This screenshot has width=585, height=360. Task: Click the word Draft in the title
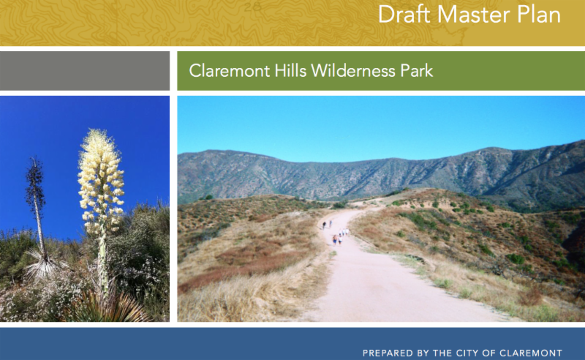pos(404,15)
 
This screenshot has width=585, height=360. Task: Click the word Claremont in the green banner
pos(230,70)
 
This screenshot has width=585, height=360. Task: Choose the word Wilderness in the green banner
pos(353,70)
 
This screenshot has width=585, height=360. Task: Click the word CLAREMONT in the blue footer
pos(531,353)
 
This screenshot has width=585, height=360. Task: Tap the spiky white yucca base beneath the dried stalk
pos(44,265)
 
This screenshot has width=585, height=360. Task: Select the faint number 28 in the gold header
pos(252,7)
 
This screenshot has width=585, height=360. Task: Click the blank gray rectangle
pos(85,71)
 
